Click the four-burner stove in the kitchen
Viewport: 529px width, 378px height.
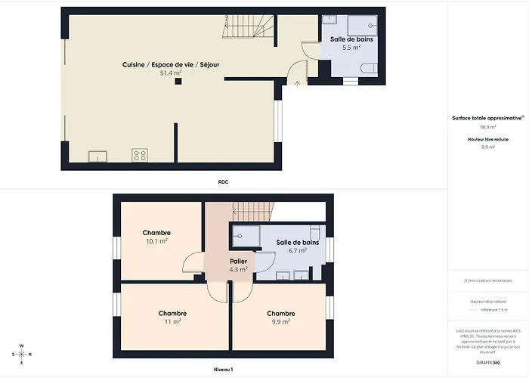click(140, 156)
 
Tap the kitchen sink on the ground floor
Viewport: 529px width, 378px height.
click(97, 156)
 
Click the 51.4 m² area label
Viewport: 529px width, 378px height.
click(172, 74)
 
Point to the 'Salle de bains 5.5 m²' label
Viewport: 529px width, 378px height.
click(351, 42)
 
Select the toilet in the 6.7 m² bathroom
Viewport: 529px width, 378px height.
click(316, 232)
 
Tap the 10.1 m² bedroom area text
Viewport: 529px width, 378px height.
click(156, 242)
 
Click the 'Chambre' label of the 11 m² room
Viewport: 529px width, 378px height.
click(172, 313)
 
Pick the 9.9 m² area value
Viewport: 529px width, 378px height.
click(280, 321)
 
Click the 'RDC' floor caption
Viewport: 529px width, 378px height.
click(223, 182)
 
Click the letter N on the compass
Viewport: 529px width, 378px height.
click(21, 346)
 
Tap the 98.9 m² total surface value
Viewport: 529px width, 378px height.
click(487, 128)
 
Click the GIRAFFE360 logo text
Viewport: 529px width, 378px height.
click(487, 363)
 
